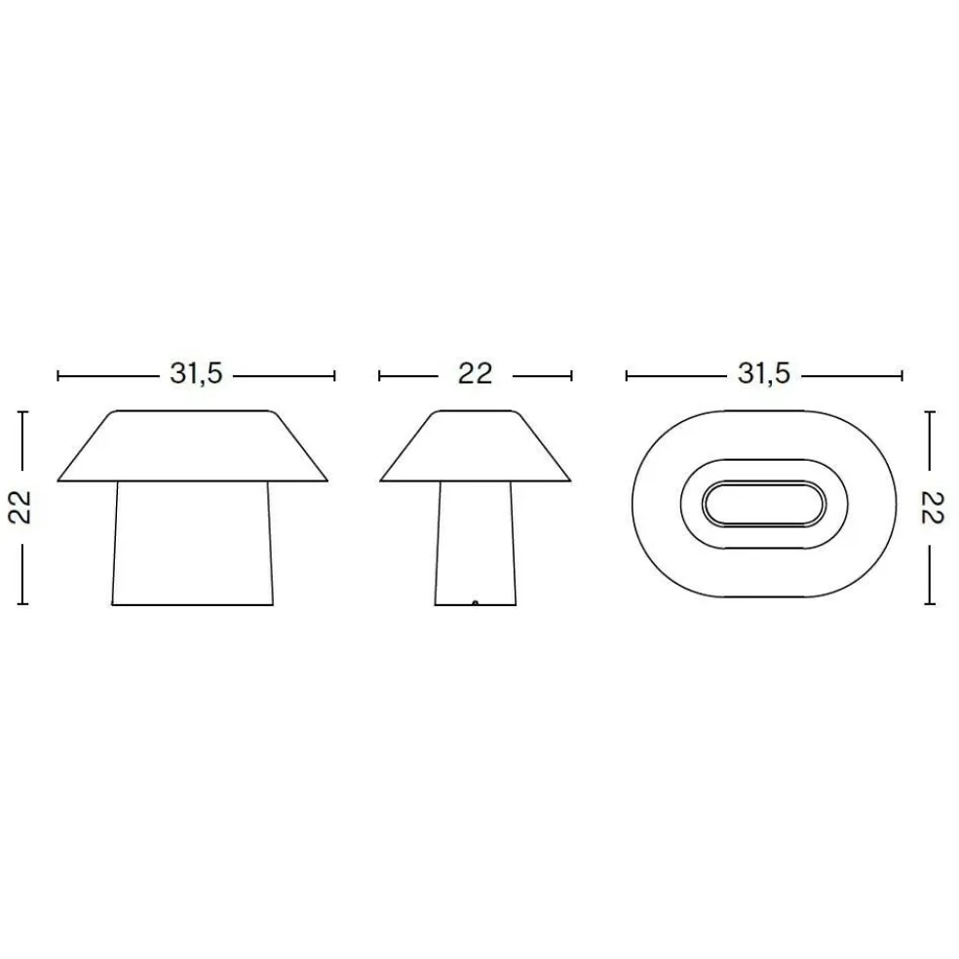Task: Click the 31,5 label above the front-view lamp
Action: coord(196,374)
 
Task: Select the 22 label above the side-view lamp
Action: coord(475,374)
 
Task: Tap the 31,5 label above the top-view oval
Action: coord(764,374)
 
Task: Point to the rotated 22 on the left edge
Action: coord(22,508)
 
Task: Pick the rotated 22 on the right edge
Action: coord(932,508)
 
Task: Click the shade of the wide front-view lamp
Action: coord(195,445)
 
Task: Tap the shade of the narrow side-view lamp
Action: coord(475,445)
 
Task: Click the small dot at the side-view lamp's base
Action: coord(475,603)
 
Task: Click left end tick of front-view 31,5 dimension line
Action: coord(58,374)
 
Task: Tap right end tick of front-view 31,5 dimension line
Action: coord(334,374)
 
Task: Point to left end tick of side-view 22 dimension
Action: coord(379,374)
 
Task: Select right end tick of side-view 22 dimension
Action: coord(571,374)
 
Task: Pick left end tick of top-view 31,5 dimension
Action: coord(627,374)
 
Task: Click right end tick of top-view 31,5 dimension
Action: coord(901,374)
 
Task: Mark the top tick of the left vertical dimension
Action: coord(22,412)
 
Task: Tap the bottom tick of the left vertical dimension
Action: coord(22,604)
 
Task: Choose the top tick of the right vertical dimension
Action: coord(932,412)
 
